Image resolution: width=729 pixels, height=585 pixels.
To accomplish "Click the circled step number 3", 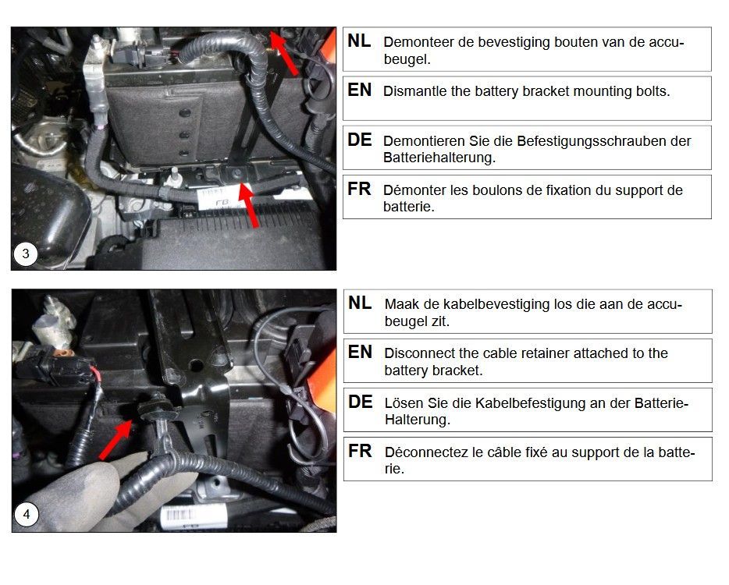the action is pyautogui.click(x=26, y=253).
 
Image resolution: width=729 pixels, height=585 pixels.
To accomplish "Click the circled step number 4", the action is pyautogui.click(x=27, y=514).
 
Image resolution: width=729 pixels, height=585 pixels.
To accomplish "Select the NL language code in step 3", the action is pyautogui.click(x=359, y=41).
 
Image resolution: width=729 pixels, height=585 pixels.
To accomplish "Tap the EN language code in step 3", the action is pyautogui.click(x=360, y=90).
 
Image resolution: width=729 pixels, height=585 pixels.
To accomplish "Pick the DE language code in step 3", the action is pyautogui.click(x=360, y=140).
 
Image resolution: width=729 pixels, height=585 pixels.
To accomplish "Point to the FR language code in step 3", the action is pyautogui.click(x=359, y=189).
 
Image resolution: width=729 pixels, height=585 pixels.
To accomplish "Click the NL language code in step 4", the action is pyautogui.click(x=360, y=303).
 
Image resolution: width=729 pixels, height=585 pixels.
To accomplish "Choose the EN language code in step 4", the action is pyautogui.click(x=361, y=353).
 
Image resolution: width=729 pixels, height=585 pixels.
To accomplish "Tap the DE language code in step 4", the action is pyautogui.click(x=361, y=402).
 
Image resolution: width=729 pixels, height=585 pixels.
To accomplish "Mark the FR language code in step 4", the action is pyautogui.click(x=360, y=451).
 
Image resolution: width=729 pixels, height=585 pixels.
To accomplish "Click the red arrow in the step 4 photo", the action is pyautogui.click(x=116, y=440).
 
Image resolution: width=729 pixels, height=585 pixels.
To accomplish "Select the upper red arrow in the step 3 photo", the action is pyautogui.click(x=283, y=53).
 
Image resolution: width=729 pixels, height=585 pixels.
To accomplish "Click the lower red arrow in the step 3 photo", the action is pyautogui.click(x=249, y=204).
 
